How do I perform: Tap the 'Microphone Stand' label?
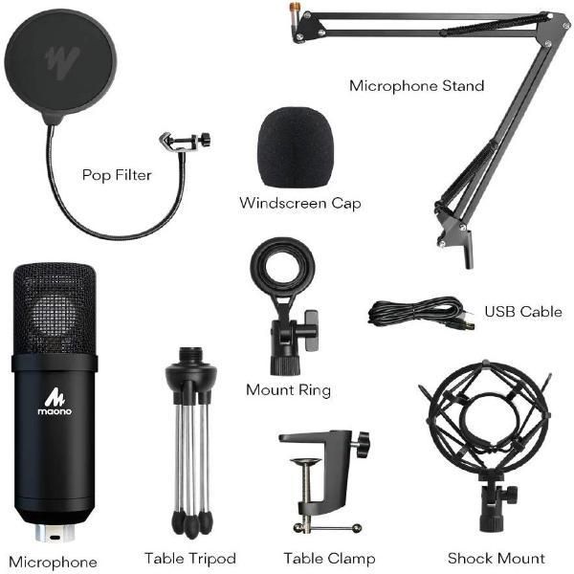[416, 86]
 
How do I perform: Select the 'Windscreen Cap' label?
[299, 203]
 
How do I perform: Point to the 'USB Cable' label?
[522, 312]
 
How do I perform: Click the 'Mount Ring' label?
[288, 389]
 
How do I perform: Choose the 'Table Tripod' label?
[189, 558]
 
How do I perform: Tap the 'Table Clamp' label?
[320, 558]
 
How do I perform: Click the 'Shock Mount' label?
[496, 558]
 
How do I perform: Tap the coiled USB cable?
[416, 313]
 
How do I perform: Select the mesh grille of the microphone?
[55, 306]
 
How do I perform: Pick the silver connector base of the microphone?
[55, 532]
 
